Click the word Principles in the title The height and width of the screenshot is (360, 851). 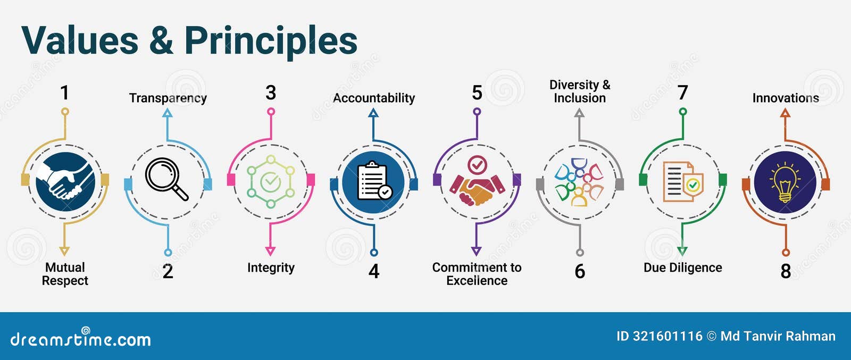271,41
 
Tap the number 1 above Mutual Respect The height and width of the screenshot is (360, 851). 64,93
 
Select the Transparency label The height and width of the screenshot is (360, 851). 168,98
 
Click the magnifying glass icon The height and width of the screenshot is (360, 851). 166,179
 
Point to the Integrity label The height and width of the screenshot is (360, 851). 271,267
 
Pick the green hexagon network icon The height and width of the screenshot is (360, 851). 271,181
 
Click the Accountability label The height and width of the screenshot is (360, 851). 374,98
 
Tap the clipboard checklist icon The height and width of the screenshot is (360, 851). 374,181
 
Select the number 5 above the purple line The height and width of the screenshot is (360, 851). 477,93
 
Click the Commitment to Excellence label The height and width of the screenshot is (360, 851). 477,274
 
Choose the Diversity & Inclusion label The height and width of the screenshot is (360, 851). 580,91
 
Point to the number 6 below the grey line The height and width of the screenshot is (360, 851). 580,272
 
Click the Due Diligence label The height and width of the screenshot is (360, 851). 683,267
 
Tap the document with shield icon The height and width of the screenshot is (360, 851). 682,181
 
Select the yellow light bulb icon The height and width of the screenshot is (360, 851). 785,181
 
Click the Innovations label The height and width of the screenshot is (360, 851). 786,98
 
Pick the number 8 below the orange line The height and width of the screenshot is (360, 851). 786,272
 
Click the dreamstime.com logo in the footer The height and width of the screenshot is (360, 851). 80,339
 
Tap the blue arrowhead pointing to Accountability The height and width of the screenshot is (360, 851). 373,113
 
